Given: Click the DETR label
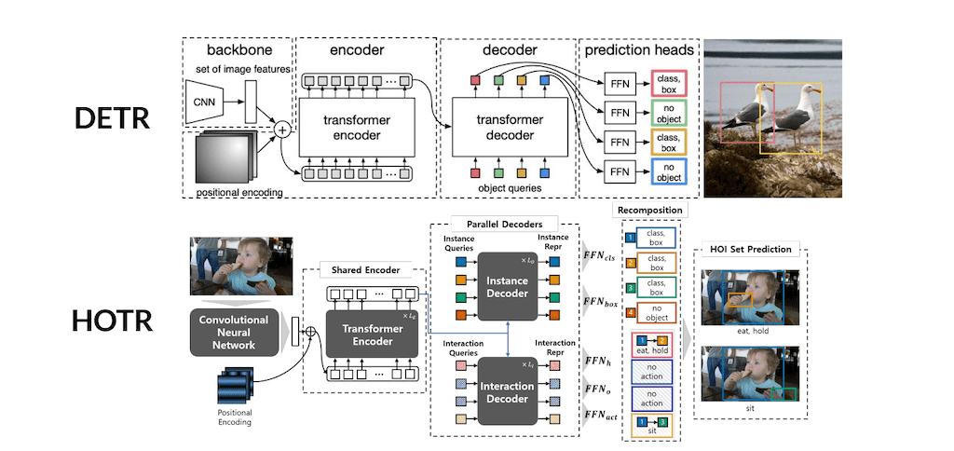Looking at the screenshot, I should coord(112,119).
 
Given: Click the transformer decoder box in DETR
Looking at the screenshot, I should coord(511,129).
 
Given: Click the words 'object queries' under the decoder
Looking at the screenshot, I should coord(511,188).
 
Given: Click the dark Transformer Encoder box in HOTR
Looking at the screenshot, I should coord(365,335).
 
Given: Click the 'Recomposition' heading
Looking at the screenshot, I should coord(649,211).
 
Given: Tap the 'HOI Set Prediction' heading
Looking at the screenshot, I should coord(750,249).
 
